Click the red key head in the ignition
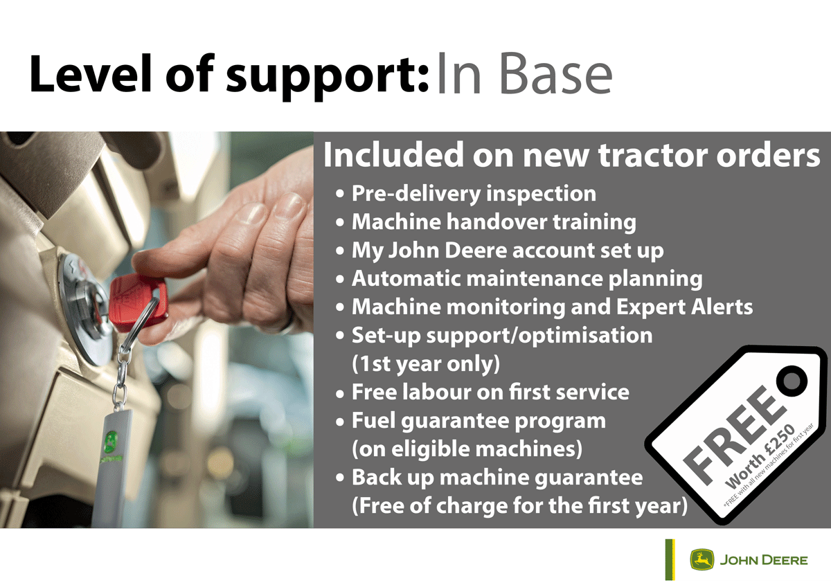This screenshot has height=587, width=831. coord(138,301)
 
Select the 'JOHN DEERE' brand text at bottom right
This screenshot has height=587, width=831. coord(764,560)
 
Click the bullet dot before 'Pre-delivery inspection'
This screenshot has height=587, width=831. coord(340,195)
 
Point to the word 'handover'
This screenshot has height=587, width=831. coord(497,222)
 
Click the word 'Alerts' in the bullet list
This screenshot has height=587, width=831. coord(722,307)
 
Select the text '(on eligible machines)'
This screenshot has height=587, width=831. coord(467,449)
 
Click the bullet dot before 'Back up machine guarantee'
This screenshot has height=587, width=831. coord(340,478)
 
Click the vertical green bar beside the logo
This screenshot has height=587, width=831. coord(670,559)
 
